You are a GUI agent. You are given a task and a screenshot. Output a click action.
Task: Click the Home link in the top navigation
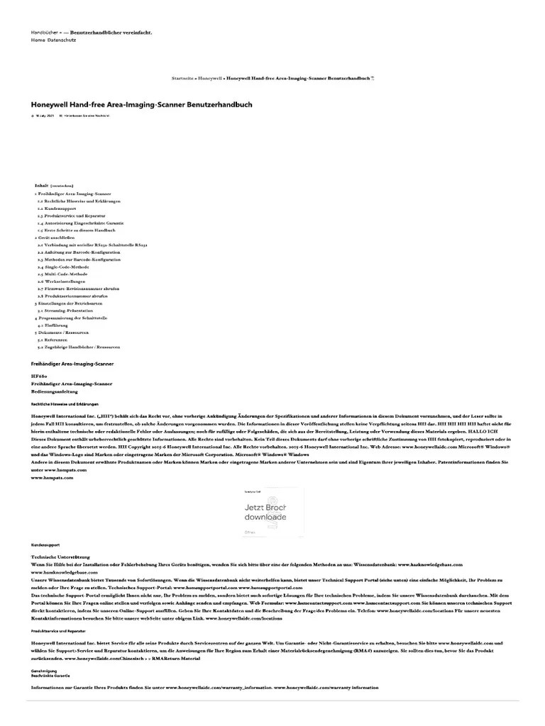point(38,40)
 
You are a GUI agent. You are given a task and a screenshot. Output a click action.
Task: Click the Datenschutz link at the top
point(62,40)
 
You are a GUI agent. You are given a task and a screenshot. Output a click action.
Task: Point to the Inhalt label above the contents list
point(41,185)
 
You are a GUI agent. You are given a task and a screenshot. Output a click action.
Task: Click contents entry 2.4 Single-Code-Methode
point(66,267)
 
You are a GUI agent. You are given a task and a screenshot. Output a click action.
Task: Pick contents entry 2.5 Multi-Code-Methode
point(65,274)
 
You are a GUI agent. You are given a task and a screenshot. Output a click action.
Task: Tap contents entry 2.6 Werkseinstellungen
point(65,281)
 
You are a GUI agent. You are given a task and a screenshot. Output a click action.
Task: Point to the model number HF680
point(38,376)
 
